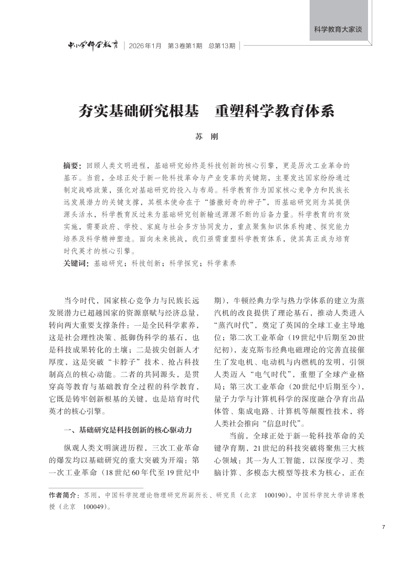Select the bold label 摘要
click(72, 165)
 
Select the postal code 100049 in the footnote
click(95, 507)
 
